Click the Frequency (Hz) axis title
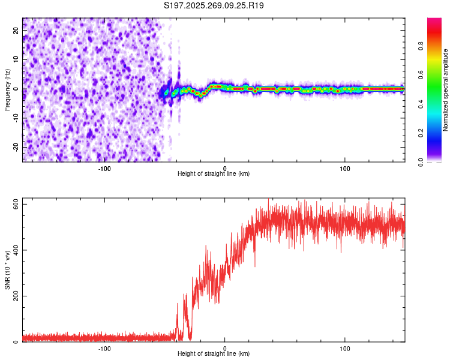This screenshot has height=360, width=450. (x=7, y=90)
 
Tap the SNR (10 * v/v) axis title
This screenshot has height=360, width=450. (x=7, y=271)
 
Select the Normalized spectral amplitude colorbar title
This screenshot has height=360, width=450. (x=445, y=90)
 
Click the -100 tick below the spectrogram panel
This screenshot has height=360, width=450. (x=104, y=168)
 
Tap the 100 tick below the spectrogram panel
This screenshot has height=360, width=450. (x=345, y=168)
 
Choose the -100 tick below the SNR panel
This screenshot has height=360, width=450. (x=104, y=348)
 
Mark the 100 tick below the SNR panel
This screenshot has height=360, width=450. (x=345, y=348)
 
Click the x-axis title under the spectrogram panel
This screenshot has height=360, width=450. (x=214, y=174)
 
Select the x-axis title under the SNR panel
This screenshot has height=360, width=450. (x=214, y=354)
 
